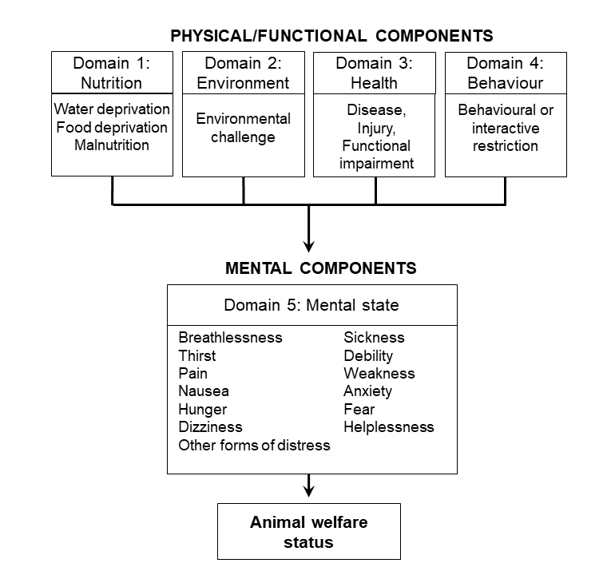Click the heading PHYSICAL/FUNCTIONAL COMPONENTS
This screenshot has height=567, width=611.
click(331, 36)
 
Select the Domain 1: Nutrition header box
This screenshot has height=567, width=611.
click(112, 73)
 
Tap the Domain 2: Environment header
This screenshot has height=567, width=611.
click(243, 73)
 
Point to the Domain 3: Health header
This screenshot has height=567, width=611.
click(374, 73)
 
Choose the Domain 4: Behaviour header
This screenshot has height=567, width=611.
click(506, 73)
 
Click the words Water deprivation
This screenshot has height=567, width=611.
click(112, 109)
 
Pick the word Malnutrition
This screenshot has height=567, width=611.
click(112, 145)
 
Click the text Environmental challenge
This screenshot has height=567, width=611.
click(243, 128)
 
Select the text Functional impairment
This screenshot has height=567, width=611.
click(376, 155)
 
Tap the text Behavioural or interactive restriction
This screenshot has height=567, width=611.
click(506, 128)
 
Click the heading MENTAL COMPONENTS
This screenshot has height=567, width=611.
click(321, 268)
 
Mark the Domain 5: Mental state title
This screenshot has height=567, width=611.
click(311, 305)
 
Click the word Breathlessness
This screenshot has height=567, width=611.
click(230, 338)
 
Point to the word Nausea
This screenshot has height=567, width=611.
click(204, 391)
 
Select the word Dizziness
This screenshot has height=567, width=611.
click(210, 427)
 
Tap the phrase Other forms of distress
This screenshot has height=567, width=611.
click(254, 445)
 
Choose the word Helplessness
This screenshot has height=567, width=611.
click(389, 427)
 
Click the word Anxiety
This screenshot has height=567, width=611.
click(368, 391)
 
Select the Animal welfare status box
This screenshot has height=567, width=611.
click(309, 532)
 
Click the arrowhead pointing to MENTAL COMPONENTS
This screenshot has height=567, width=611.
click(309, 247)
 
